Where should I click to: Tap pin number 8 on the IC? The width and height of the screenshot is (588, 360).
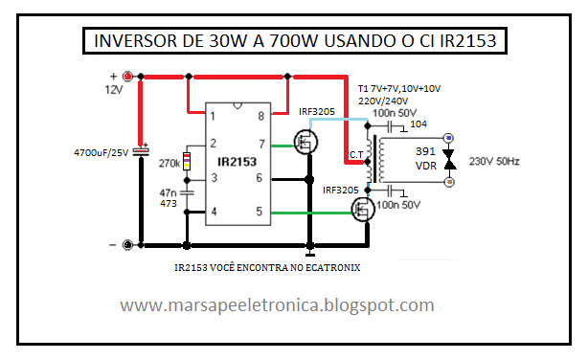(x=260, y=116)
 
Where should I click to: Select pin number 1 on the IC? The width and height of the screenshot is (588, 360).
(x=213, y=116)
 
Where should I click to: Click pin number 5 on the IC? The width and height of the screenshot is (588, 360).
(x=260, y=212)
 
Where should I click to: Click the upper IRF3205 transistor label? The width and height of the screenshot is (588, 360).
(x=316, y=112)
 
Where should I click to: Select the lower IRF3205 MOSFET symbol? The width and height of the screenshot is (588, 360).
(x=364, y=209)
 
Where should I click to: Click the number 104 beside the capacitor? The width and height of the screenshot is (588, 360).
(x=418, y=124)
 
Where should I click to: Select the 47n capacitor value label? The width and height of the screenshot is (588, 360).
(x=169, y=192)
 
